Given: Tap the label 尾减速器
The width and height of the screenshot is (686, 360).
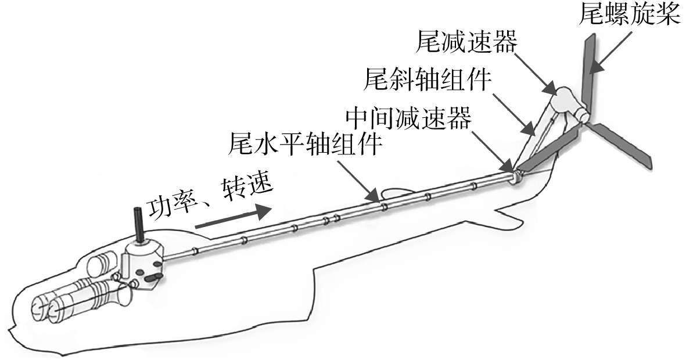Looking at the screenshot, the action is [467, 42].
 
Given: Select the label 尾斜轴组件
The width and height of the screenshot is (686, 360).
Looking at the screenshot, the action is [428, 80].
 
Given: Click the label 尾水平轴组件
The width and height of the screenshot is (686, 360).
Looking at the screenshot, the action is [305, 144].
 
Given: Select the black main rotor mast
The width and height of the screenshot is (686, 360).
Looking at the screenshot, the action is [139, 224].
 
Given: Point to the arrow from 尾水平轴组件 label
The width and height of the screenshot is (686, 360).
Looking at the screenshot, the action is [360, 180].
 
